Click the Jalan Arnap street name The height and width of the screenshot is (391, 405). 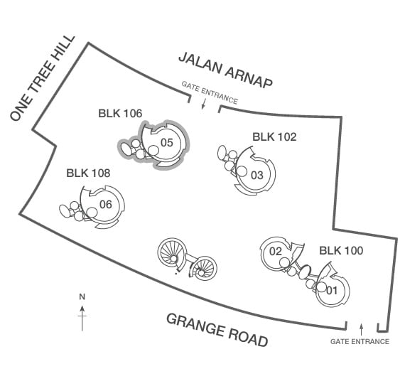225,70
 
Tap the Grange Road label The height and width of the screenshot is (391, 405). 217,330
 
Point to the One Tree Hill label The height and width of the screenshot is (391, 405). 43,77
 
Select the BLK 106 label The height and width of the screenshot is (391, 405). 120,114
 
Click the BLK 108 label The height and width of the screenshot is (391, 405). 88,173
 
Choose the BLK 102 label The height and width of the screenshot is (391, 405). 274,136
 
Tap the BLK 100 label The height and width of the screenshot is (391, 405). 341,250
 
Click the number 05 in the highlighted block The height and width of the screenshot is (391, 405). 166,142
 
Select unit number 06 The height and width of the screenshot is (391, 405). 106,205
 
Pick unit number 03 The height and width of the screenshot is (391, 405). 257,175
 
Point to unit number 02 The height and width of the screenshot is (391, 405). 276,251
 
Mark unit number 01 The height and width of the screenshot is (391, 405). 332,291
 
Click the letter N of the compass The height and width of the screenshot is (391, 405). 82,297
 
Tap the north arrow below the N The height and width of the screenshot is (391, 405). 82,318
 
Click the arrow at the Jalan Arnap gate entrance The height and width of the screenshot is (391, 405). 203,104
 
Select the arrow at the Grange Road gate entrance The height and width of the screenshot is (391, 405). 362,329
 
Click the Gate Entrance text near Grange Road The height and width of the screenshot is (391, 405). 360,341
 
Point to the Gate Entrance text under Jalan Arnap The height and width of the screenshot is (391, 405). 210,92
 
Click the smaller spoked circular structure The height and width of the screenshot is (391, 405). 203,268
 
